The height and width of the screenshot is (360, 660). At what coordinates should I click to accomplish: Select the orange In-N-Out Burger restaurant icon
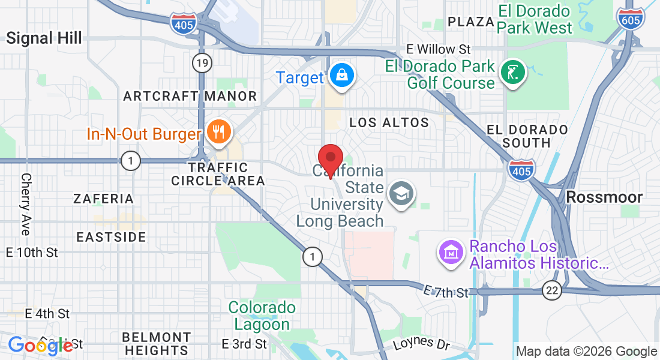217,131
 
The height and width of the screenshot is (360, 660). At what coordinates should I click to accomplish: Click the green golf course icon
513,73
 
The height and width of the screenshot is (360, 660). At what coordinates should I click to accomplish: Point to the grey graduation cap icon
400,194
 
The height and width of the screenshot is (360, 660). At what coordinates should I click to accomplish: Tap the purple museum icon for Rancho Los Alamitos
450,253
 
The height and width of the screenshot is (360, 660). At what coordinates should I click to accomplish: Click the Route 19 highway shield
202,62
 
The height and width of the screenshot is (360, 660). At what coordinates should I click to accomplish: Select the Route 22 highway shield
552,290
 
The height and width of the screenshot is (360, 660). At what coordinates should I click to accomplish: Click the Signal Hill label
44,39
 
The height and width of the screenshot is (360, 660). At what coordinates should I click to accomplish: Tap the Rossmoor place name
604,197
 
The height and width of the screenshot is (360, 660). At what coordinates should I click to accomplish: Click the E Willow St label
439,49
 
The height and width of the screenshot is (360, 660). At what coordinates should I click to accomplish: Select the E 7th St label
445,292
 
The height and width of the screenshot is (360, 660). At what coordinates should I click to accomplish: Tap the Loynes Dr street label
421,345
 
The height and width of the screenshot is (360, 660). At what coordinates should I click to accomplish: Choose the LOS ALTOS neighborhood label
389,122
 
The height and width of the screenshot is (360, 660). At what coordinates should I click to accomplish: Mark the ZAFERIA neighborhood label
103,199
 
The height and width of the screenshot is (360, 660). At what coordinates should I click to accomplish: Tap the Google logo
40,346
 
